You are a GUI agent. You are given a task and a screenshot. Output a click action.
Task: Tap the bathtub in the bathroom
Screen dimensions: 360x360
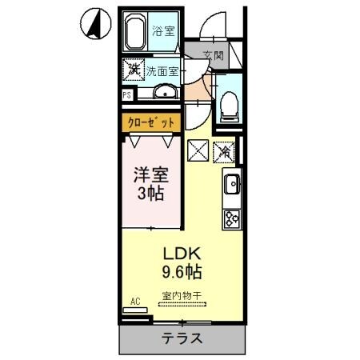pos(135,34)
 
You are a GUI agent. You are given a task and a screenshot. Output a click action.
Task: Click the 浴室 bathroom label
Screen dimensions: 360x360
pos(163,32)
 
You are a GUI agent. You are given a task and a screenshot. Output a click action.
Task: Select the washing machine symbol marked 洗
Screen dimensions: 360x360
pos(133,70)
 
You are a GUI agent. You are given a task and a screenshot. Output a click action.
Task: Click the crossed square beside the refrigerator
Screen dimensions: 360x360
pos(198,149)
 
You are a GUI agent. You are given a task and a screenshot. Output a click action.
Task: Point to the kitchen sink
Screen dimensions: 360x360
pos(231,184)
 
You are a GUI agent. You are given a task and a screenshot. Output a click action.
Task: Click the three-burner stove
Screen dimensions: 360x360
pos(231,218)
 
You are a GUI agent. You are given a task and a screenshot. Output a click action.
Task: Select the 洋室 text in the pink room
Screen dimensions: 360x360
pos(151,173)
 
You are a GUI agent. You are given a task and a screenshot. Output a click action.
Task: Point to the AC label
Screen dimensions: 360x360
pos(135,302)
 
